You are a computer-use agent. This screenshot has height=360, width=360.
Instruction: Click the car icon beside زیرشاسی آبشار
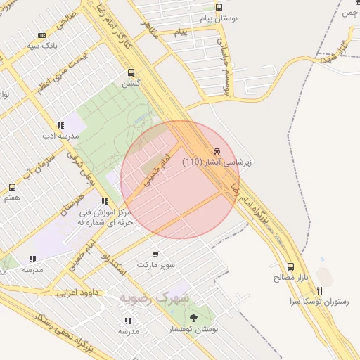click(217, 151)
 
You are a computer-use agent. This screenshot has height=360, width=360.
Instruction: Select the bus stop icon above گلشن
click(131, 72)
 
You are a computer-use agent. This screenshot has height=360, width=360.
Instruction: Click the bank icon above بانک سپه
click(41, 35)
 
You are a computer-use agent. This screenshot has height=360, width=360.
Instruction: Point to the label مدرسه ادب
click(54, 134)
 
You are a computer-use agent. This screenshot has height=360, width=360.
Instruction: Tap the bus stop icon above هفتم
click(12, 187)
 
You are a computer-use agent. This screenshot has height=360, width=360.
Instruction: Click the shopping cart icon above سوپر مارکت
click(155, 254)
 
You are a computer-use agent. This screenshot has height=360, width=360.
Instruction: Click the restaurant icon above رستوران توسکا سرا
click(320, 290)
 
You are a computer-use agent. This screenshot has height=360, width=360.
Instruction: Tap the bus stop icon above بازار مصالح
click(291, 266)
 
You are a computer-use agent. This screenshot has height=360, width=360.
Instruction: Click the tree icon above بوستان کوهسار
click(194, 318)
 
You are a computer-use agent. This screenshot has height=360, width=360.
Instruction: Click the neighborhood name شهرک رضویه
click(154, 297)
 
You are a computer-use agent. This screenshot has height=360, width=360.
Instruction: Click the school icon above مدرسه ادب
click(54, 123)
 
